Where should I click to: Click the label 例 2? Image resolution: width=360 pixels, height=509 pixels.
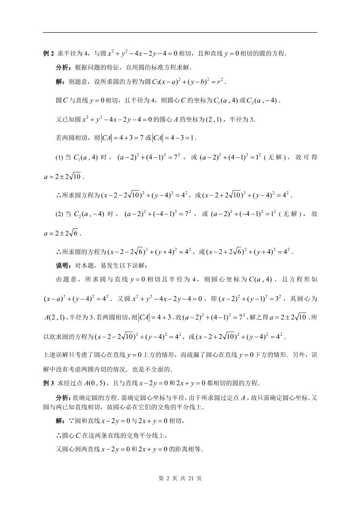49,54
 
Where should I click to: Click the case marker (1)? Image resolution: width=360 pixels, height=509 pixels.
59,157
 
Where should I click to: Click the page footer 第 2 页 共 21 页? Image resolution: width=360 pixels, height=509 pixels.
180,478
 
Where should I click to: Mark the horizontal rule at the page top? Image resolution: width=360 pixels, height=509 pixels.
180,32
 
